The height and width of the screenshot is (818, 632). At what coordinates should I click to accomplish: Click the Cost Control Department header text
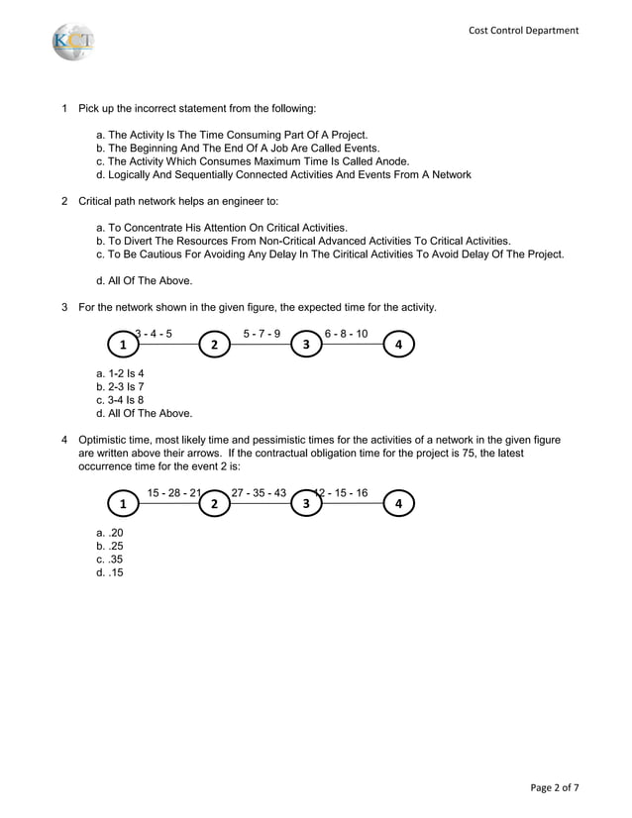point(523,31)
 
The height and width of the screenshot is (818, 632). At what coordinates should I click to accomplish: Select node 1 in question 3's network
point(123,345)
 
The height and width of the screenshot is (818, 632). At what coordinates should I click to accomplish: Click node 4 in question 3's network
point(398,345)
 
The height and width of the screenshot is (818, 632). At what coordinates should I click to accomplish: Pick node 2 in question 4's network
point(214,504)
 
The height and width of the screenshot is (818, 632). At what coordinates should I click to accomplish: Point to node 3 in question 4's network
point(306,504)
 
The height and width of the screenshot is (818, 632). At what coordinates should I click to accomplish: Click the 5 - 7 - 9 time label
point(262,334)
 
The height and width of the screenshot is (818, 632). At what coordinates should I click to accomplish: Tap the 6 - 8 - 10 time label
point(346,334)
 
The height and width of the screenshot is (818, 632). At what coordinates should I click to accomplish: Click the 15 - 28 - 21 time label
point(174,493)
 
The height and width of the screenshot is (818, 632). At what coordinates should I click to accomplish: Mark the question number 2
point(64,201)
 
